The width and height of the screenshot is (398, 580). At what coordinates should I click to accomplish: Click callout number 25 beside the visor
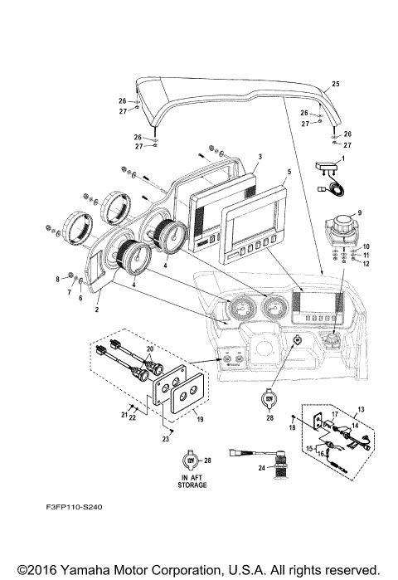[x=336, y=85]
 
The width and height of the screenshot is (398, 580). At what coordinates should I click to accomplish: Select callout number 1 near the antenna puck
[x=343, y=158]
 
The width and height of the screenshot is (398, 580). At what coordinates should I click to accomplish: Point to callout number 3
[x=260, y=156]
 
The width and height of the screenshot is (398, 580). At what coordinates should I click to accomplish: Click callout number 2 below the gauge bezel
[x=97, y=309]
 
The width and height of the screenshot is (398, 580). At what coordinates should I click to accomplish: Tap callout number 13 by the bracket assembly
[x=360, y=410]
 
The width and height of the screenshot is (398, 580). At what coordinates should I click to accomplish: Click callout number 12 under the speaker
[x=366, y=263]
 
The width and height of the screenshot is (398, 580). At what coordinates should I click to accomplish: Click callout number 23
[x=167, y=438]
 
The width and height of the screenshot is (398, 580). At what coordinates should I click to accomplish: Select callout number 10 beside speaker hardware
[x=366, y=246]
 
